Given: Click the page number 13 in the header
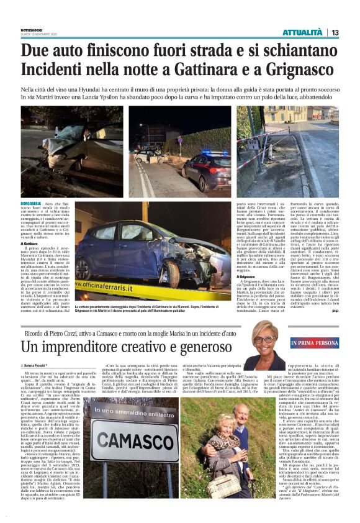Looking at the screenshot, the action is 351,32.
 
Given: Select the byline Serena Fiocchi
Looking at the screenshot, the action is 38,365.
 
